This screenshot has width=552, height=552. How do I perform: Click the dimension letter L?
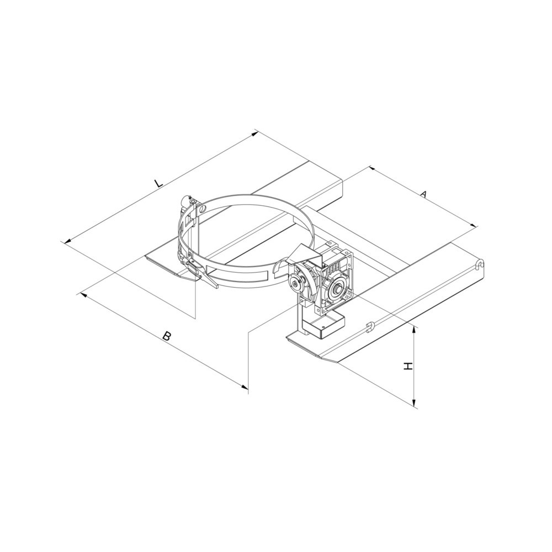pyautogui.click(x=158, y=184)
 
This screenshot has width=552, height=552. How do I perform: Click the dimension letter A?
pyautogui.click(x=424, y=194)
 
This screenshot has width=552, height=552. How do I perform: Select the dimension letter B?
pyautogui.click(x=167, y=336)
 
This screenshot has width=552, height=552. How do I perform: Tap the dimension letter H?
pyautogui.click(x=407, y=367)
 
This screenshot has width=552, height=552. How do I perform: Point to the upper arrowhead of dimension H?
pyautogui.click(x=415, y=329)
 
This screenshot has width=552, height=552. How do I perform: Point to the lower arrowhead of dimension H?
pyautogui.click(x=415, y=404)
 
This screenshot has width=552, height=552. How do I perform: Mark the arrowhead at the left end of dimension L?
pyautogui.click(x=67, y=241)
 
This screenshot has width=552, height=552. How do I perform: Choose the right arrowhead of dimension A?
pyautogui.click(x=474, y=226)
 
